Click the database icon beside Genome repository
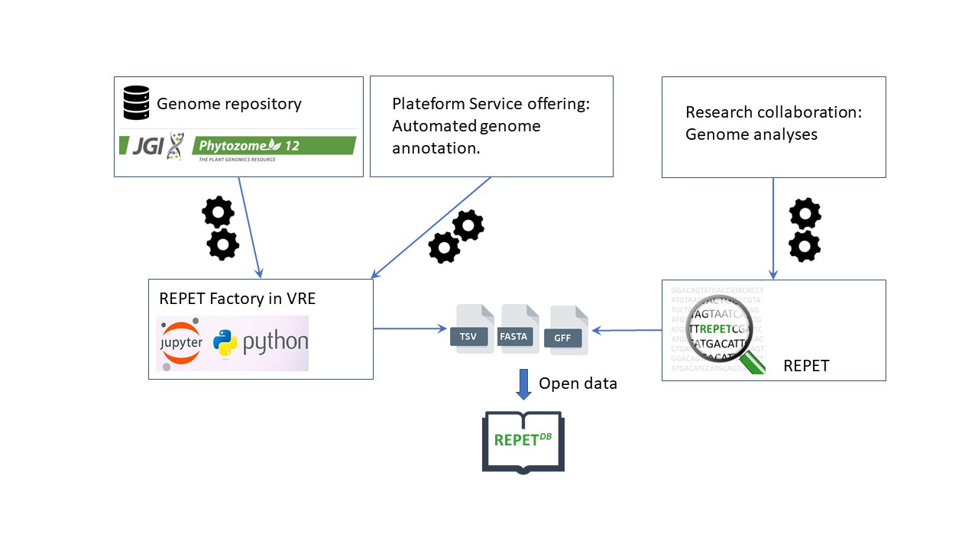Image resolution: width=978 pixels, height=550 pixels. click(136, 102)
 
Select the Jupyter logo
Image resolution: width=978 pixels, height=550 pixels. click(181, 342)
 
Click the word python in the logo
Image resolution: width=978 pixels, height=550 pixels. click(275, 342)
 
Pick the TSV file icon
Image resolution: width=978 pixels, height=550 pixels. click(473, 329)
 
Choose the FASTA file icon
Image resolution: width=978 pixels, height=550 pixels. click(520, 329)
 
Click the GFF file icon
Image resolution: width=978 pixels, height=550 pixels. click(568, 331)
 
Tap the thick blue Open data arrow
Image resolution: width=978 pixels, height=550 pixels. click(523, 384)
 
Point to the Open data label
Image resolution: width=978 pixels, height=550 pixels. click(578, 383)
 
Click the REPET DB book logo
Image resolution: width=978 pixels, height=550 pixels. click(523, 442)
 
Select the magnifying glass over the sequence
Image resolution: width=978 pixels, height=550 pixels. click(722, 330)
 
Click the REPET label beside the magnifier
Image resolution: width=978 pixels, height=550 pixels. click(806, 366)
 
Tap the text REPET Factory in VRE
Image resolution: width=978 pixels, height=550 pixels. click(237, 299)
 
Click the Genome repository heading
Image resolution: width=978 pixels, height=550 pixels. click(229, 104)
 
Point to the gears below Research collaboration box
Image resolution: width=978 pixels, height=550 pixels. click(805, 230)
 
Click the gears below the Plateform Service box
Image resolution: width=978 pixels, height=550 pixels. click(457, 237)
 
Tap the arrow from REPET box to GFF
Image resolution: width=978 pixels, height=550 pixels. click(627, 330)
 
